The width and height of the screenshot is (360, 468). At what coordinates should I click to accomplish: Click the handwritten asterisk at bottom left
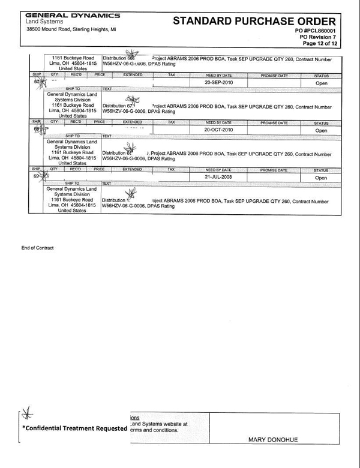coord(26,413)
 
